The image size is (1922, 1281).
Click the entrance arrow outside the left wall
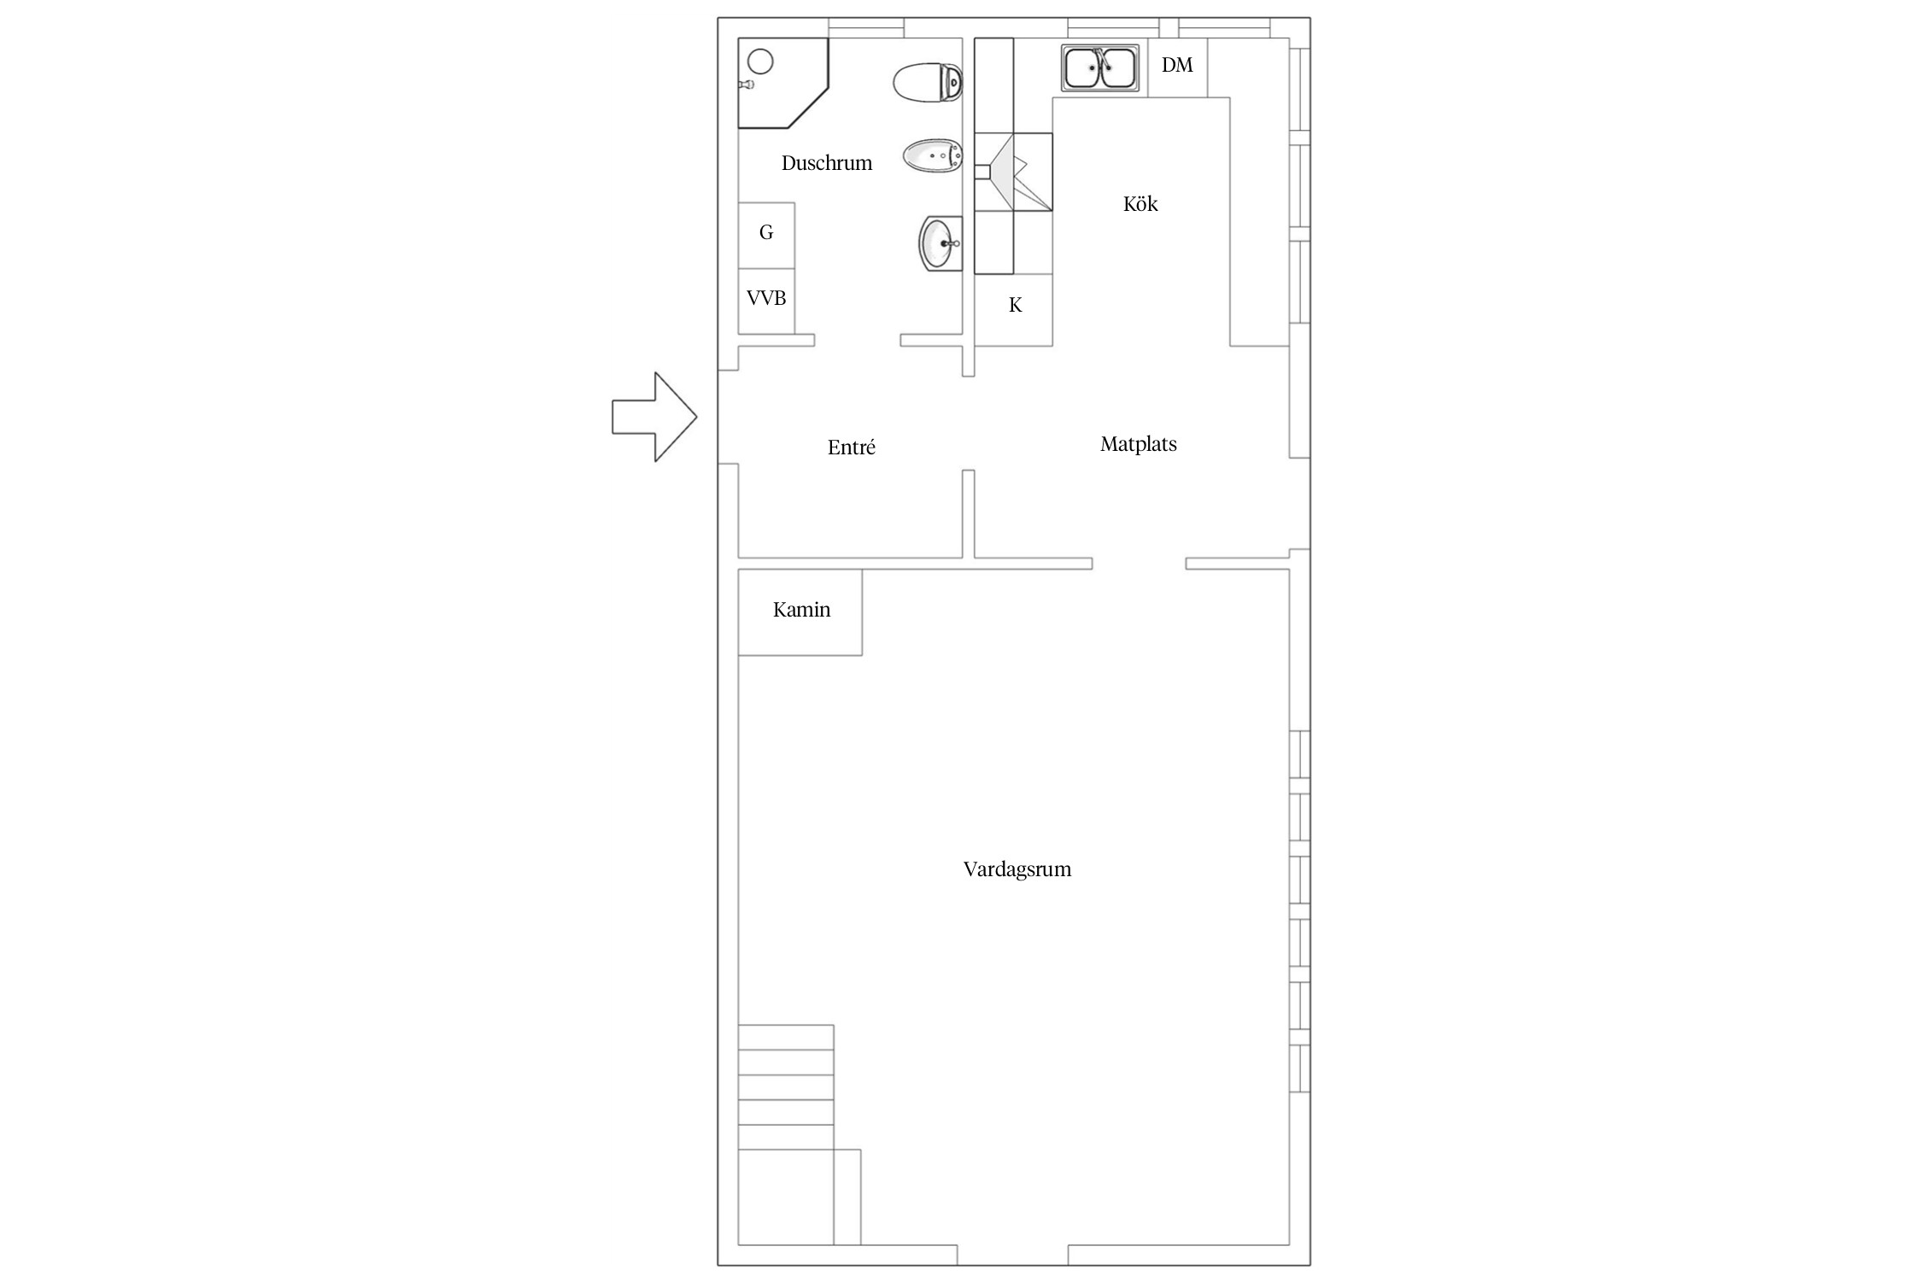[x=654, y=417]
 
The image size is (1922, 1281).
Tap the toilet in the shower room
[x=928, y=83]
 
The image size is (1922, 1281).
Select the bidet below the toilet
[x=933, y=156]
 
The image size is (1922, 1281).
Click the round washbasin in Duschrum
[x=940, y=243]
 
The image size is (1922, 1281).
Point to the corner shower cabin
[x=782, y=83]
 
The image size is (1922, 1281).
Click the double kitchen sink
[x=1100, y=67]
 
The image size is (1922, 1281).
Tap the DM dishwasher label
[x=1177, y=65]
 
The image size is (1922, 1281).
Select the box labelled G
[x=766, y=236]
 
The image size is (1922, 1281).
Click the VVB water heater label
[x=766, y=298]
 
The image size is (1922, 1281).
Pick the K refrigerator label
[x=1015, y=305]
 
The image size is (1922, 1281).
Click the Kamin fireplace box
[x=800, y=612]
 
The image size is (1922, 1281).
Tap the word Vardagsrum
[x=1017, y=869]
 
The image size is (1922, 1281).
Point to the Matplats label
[x=1138, y=444]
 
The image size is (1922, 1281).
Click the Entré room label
[x=851, y=447]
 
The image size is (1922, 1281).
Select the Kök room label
[x=1140, y=203]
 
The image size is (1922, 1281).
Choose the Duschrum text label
[x=826, y=163]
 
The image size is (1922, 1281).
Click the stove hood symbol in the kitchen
[x=1013, y=172]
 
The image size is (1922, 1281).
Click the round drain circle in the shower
[x=760, y=61]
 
